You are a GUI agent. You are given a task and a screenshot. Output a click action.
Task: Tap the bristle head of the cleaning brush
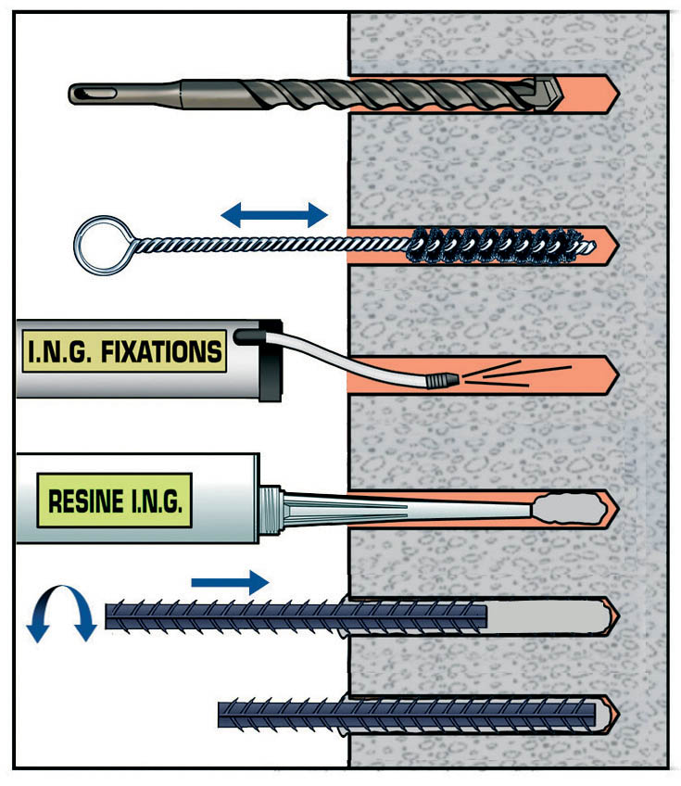[x=491, y=245]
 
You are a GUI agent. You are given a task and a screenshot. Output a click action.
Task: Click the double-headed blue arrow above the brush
[x=274, y=216]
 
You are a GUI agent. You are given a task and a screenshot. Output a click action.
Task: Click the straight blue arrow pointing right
[x=230, y=582]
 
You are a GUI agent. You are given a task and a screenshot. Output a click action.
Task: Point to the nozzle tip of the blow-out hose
[x=446, y=379]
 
